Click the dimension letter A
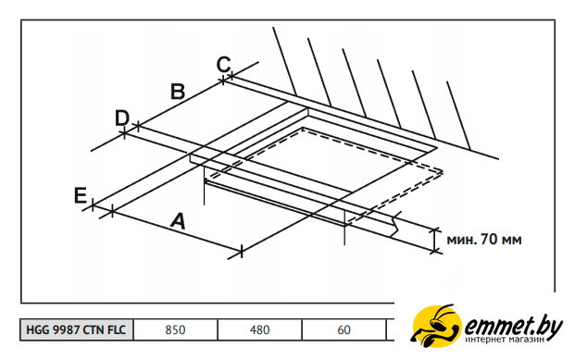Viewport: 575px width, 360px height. tap(178, 220)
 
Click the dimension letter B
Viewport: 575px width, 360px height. tap(178, 92)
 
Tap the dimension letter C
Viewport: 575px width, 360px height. tap(223, 64)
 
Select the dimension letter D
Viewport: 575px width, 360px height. tap(122, 118)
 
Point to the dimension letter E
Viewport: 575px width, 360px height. tap(81, 195)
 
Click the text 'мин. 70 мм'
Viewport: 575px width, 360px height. tap(484, 240)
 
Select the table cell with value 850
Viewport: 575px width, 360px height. tap(175, 329)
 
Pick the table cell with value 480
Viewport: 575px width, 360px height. tap(259, 329)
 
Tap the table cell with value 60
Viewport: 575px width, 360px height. tap(344, 329)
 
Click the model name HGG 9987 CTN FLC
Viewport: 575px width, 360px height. tap(76, 329)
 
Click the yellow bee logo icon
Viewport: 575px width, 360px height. tap(436, 326)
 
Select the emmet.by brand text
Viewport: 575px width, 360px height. tap(513, 326)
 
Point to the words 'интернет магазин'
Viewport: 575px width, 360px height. tap(505, 340)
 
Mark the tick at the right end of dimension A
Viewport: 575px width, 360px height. tap(242, 252)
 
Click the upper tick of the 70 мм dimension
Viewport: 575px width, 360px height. tap(435, 230)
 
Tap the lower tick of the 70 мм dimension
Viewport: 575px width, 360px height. tap(435, 251)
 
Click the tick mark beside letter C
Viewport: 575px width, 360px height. tap(231, 76)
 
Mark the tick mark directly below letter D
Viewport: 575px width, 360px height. tap(125, 133)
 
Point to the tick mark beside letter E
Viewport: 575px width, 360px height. tap(93, 205)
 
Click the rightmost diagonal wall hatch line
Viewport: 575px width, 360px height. tap(458, 116)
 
